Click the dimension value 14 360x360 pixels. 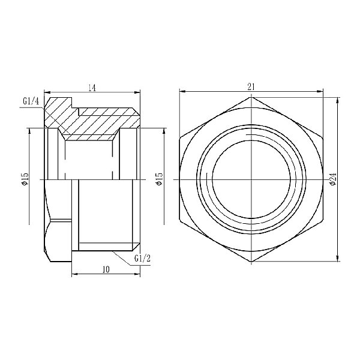(92, 88)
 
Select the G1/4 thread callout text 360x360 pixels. (31, 101)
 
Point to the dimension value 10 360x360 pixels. (106, 271)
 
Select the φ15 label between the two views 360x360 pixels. (159, 179)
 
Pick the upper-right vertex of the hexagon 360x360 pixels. (323, 138)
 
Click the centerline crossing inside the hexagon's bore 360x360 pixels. (251, 179)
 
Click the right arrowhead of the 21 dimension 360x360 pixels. (320, 92)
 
